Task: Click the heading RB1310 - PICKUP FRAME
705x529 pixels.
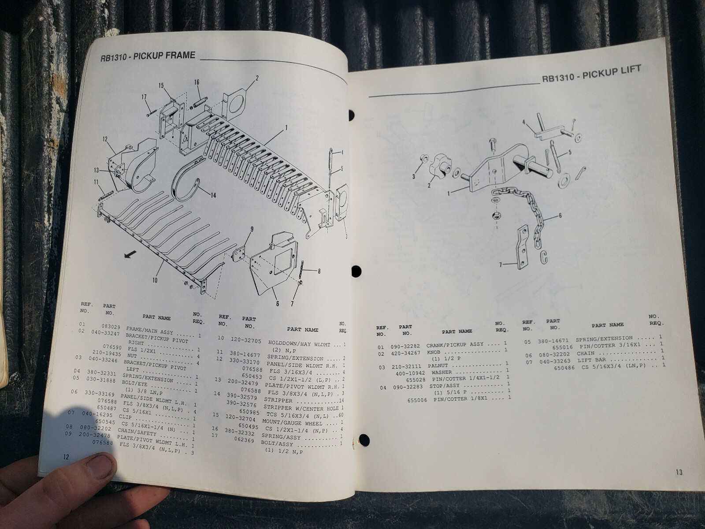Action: click(x=148, y=56)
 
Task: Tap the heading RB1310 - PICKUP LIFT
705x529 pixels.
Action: click(x=592, y=75)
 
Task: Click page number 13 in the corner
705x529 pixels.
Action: click(x=679, y=472)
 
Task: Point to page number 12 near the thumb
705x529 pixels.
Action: click(x=66, y=457)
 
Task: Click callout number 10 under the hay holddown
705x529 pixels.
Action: click(x=155, y=279)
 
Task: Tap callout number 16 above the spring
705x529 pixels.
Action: click(x=197, y=82)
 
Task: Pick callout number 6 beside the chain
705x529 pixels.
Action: click(x=560, y=216)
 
